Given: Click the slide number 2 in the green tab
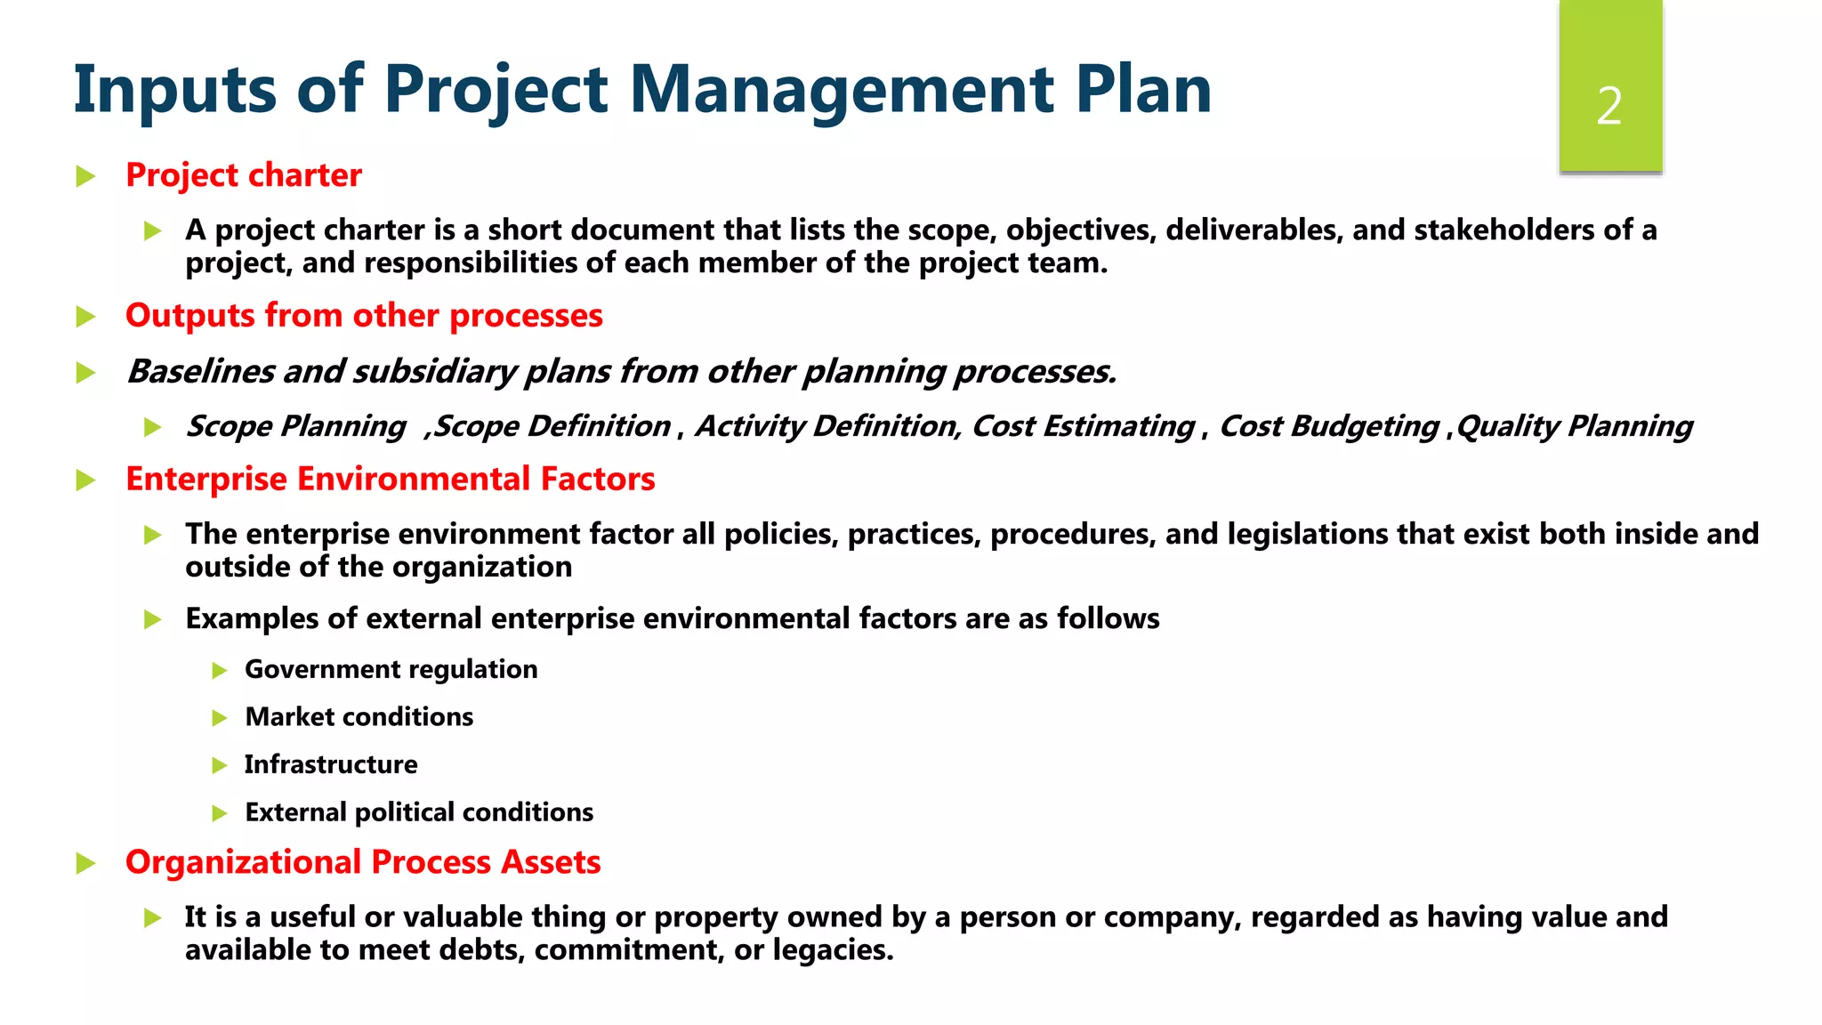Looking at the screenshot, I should [1609, 107].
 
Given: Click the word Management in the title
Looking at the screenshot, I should [842, 90].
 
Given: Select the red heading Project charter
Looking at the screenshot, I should [243, 175].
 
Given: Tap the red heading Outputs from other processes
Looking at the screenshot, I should [364, 316].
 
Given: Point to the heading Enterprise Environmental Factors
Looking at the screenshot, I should [390, 480].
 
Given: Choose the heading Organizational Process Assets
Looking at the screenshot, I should [363, 862].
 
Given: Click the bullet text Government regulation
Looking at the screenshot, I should [391, 669].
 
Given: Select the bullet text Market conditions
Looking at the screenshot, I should [359, 717].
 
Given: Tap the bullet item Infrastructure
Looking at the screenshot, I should [331, 764].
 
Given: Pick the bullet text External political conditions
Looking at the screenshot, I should [419, 812].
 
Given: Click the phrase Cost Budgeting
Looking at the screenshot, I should [1328, 426].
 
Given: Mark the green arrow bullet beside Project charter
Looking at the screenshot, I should [86, 176].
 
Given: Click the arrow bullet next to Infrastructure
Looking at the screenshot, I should [220, 765].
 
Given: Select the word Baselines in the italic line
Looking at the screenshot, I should [201, 372].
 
